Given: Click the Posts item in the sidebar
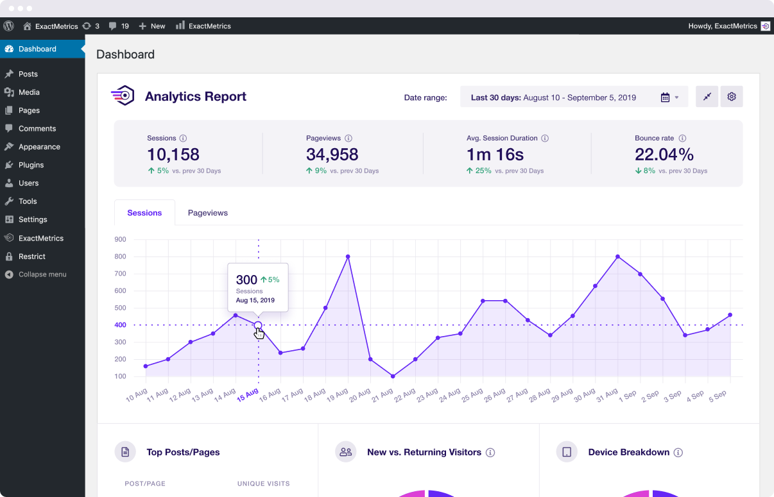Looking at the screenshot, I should coord(28,74).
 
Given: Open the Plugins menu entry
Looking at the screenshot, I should coord(31,165).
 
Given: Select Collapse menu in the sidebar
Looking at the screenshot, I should coord(42,274).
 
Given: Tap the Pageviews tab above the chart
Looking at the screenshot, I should coord(207,213).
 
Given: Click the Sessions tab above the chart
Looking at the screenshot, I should coord(144,213).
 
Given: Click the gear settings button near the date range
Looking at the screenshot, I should coord(731,97).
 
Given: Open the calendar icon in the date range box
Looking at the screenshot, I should coord(665,97).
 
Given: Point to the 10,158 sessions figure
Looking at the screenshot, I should coord(173,155).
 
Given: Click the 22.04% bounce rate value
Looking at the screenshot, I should coord(664,155).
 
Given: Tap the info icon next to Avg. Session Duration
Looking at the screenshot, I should coord(545,139).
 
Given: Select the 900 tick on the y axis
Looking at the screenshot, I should coord(120,239).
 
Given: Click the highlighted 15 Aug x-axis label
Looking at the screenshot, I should coord(248,394).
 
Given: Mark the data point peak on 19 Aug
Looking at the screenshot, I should coord(348,257).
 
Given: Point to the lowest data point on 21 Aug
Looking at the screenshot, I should coord(393,376).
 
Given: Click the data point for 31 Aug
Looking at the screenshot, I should coord(617,257).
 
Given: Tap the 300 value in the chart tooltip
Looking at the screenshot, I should coord(246,280).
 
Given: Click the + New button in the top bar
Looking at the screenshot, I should coord(152,26).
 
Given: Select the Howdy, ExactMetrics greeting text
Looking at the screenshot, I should coord(722,26).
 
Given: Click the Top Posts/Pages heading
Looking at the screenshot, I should coord(183,452).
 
